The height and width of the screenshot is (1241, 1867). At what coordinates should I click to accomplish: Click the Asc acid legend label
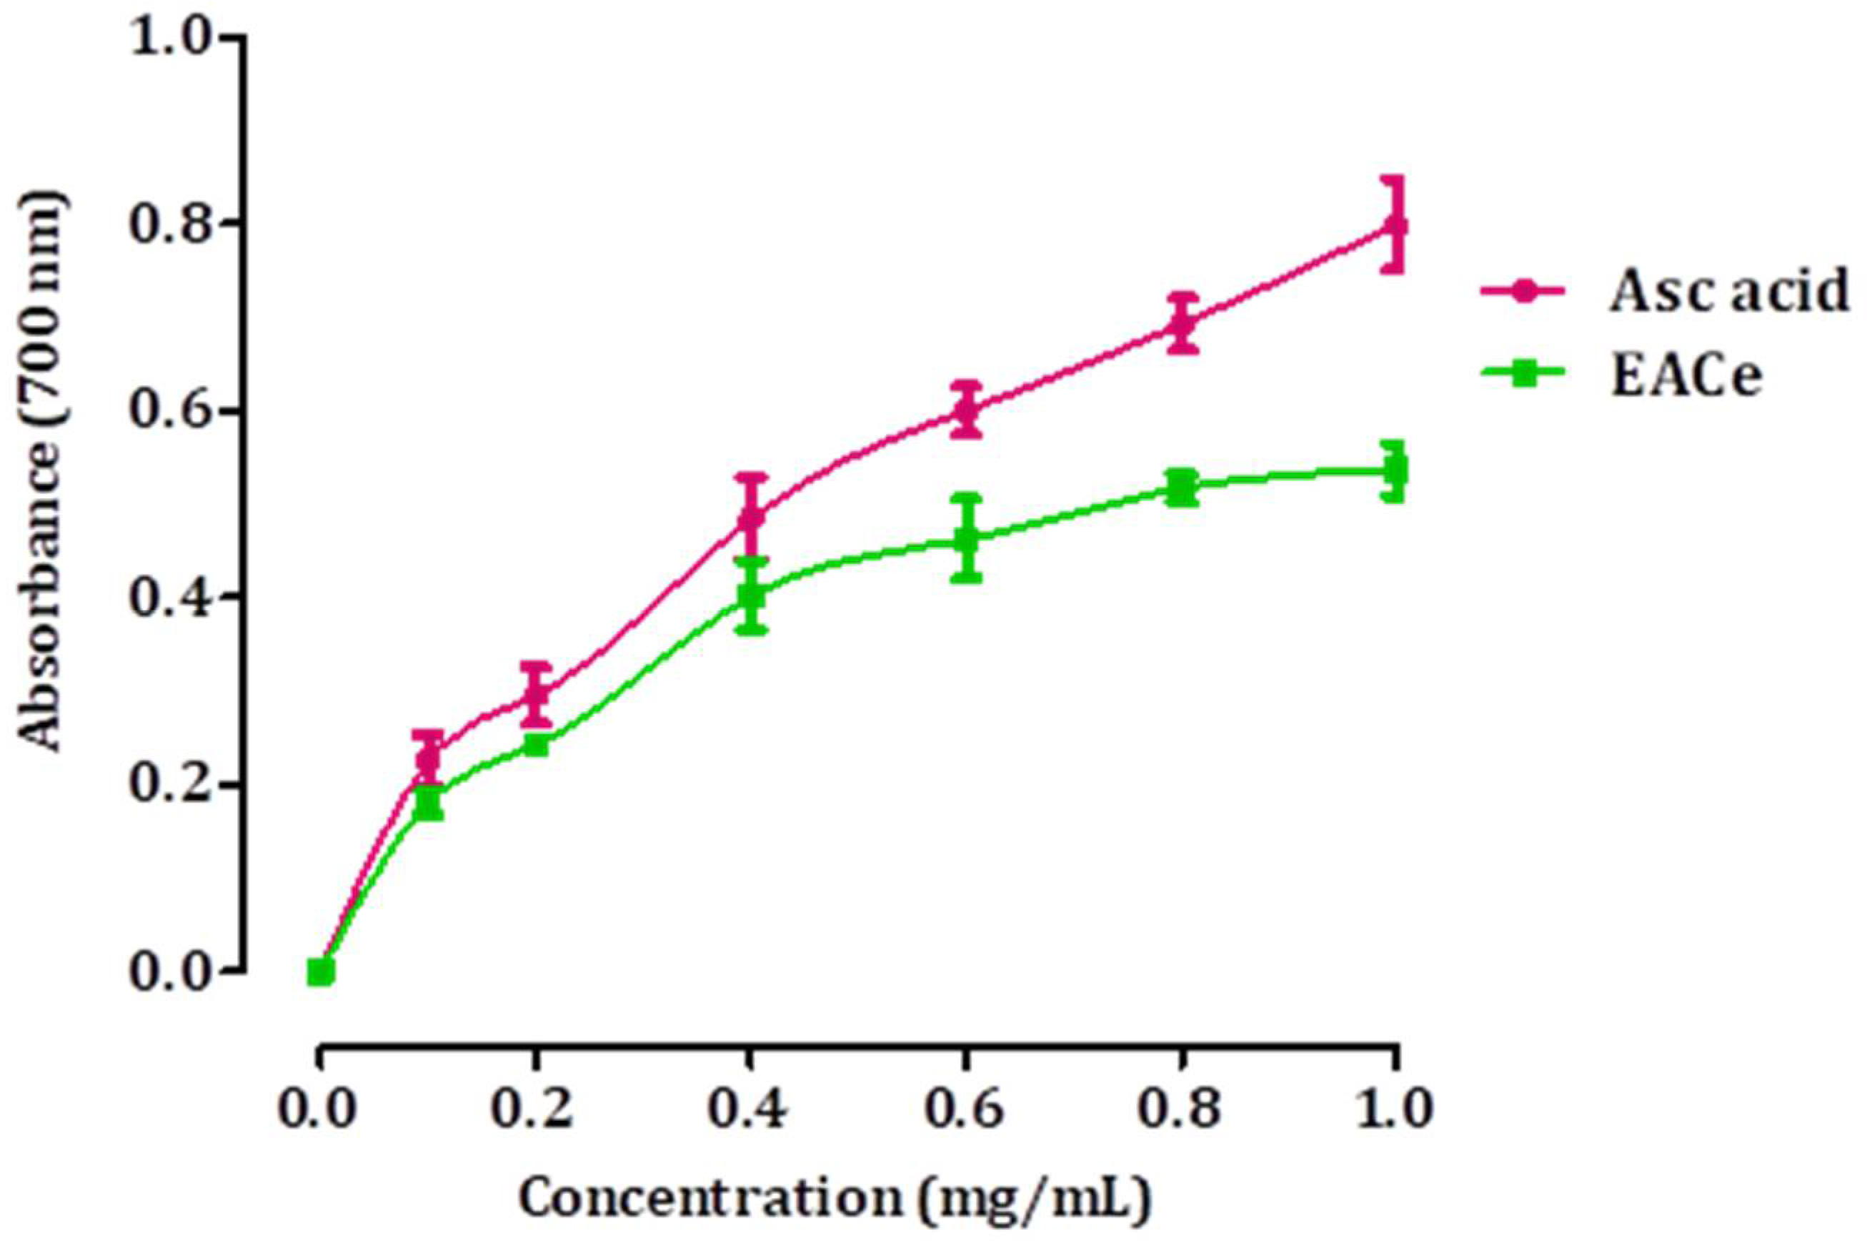pos(1728,290)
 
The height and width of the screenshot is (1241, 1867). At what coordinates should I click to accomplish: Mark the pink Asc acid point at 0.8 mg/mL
pos(1180,323)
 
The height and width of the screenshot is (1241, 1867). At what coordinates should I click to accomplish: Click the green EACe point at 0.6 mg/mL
pos(966,540)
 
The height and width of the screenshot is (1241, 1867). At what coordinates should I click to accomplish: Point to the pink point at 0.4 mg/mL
pos(751,517)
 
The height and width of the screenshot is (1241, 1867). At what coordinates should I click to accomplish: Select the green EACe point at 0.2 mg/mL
pos(536,744)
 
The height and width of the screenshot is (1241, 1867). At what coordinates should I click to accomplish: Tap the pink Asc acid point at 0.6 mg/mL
pos(966,409)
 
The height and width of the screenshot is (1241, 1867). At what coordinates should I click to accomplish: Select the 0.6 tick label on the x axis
pos(965,1110)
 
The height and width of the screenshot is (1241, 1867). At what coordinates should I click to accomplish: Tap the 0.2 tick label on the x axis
pos(532,1110)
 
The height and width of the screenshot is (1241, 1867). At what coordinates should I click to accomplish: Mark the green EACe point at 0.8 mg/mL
pos(1180,488)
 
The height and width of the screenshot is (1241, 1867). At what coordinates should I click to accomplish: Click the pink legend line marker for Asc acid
pos(1523,291)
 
